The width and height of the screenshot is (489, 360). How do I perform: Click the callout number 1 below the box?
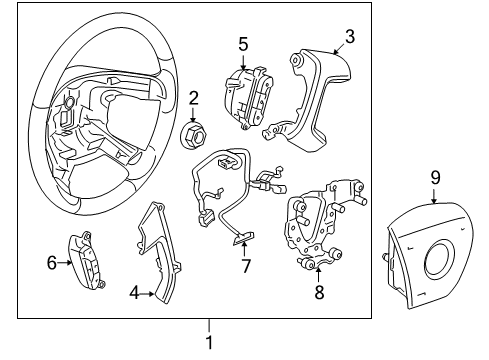209,343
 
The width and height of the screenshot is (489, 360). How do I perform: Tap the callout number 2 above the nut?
194,98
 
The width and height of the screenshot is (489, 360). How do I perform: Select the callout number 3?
349,37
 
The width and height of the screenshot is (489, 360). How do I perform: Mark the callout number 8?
319,292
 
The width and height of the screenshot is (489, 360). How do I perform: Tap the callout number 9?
436,206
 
